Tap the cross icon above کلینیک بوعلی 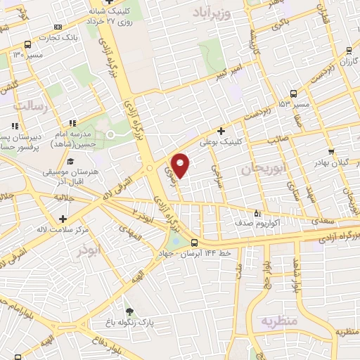click(x=221, y=130)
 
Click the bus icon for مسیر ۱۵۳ click(x=292, y=93)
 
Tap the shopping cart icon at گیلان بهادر click(x=330, y=151)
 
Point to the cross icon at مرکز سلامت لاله click(x=63, y=219)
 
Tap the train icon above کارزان click(x=349, y=50)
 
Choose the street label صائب click(x=274, y=141)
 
